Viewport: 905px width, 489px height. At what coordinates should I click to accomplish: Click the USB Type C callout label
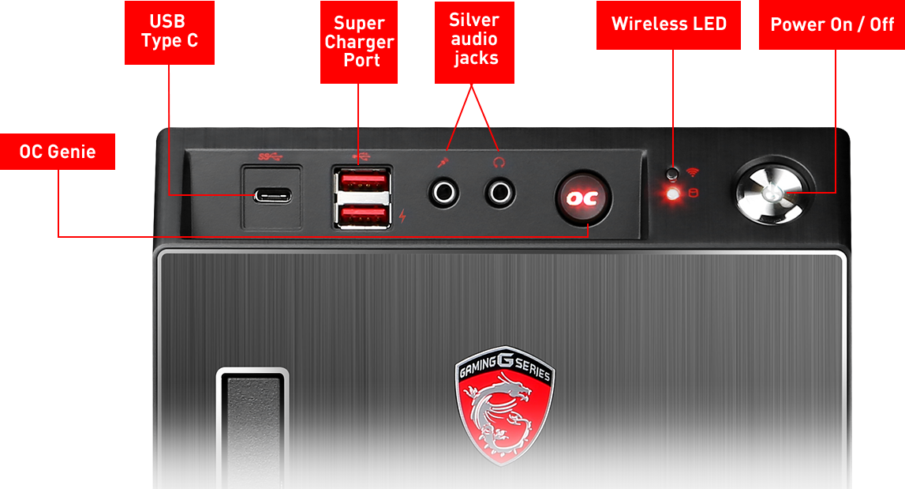click(169, 32)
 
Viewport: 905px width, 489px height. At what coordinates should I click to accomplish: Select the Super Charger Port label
click(359, 42)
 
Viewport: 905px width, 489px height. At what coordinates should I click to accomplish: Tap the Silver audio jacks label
click(474, 42)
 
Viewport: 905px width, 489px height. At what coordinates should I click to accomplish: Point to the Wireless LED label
click(668, 24)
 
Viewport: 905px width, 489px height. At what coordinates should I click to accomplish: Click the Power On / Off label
click(832, 24)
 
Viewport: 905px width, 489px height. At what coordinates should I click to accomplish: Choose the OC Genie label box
click(58, 152)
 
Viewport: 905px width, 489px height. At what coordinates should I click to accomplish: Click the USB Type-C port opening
click(272, 196)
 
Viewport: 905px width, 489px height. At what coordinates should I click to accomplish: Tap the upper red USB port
click(362, 181)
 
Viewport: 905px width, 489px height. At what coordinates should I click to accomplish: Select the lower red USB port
click(362, 216)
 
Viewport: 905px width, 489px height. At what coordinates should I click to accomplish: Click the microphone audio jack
click(444, 193)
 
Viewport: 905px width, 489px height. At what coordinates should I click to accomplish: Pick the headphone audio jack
click(499, 193)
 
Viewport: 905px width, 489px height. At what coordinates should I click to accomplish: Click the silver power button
click(772, 192)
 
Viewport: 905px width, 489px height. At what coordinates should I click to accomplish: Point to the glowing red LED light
click(672, 194)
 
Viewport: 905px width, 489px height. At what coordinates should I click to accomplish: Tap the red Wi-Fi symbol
click(693, 172)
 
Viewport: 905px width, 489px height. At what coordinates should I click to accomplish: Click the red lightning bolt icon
click(402, 216)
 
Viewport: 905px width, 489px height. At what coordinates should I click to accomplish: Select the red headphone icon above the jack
click(499, 163)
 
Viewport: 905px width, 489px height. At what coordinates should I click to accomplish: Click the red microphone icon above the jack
click(443, 163)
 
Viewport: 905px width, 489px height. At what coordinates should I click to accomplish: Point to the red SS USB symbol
click(270, 156)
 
